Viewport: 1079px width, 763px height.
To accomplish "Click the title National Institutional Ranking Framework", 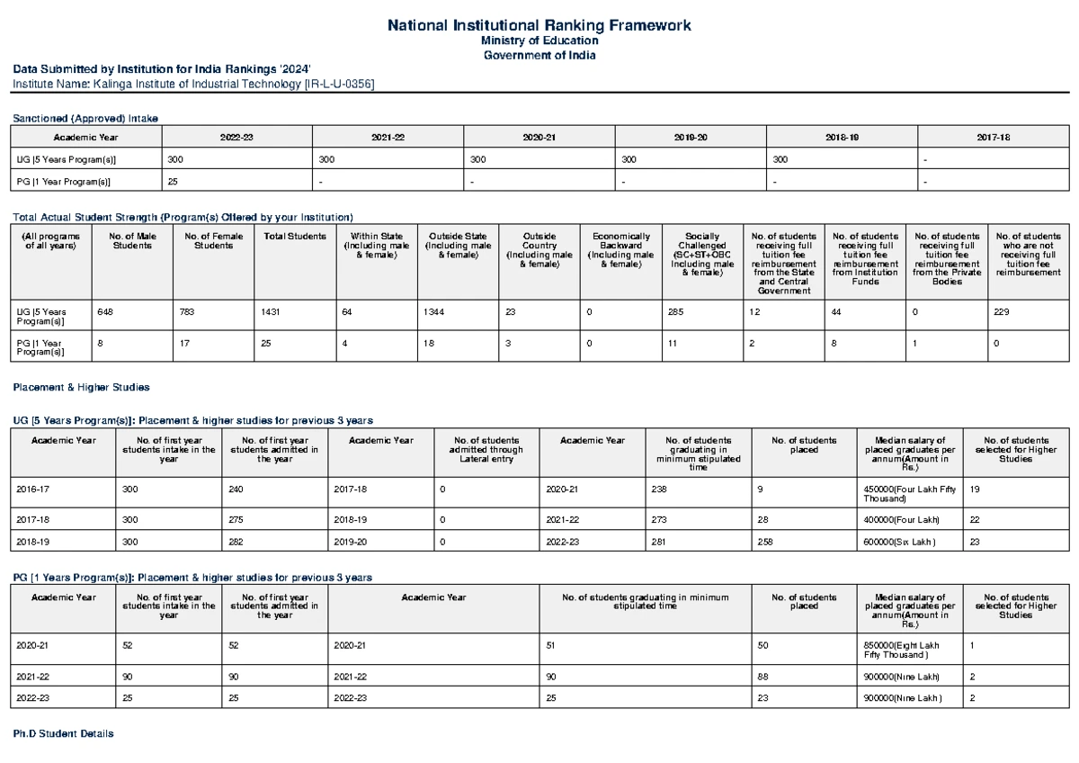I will click(x=539, y=25).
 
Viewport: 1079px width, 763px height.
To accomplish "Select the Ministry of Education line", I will click(x=539, y=41).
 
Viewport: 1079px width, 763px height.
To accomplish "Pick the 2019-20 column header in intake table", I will click(x=690, y=137).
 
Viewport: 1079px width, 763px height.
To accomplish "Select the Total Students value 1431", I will click(x=271, y=312).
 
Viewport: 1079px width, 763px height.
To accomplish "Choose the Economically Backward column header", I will click(x=620, y=249).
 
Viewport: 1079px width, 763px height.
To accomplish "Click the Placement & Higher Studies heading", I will click(x=80, y=387).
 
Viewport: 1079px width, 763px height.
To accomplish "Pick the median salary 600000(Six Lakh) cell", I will click(x=899, y=542).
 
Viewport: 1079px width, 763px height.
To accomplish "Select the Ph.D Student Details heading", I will click(x=62, y=734).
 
